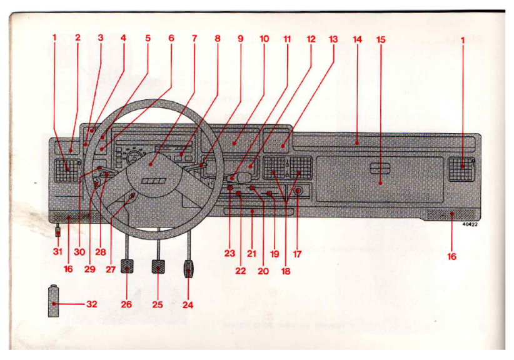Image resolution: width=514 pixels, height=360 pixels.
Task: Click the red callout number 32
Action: [92, 304]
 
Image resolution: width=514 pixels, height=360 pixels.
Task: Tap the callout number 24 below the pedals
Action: [188, 305]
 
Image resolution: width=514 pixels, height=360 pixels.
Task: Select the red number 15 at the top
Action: [381, 39]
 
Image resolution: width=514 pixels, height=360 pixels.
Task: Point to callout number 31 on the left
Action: [58, 252]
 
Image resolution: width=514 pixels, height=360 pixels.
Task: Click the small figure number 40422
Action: [470, 225]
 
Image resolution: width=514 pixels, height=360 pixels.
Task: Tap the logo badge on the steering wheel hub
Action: [154, 181]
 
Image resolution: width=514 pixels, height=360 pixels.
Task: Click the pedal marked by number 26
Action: [126, 266]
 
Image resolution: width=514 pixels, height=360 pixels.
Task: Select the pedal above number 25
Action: [158, 266]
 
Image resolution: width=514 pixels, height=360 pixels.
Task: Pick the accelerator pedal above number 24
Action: [188, 269]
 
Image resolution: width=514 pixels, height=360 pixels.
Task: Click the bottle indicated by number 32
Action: [53, 301]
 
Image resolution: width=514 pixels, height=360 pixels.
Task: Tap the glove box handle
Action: [380, 168]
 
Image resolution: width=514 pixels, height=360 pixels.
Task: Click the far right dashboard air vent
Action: [461, 169]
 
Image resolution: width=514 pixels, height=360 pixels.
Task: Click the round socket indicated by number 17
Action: [298, 191]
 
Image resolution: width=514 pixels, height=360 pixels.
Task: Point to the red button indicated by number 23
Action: [229, 187]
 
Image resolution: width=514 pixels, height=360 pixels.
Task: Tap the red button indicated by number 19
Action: [269, 193]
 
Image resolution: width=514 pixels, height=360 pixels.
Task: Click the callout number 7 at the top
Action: [194, 39]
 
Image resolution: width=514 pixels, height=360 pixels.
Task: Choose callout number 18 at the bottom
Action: [286, 271]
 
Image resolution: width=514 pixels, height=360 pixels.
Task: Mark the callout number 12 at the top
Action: [311, 39]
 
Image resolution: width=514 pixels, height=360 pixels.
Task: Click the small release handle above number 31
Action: [58, 231]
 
